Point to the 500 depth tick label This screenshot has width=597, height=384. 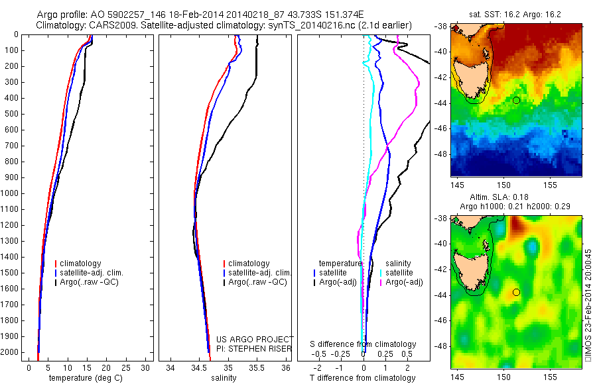(11, 114)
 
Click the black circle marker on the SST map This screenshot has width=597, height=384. (516, 100)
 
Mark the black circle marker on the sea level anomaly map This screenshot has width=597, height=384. (516, 292)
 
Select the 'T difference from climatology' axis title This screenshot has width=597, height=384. (363, 378)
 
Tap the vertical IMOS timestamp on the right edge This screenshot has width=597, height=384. (587, 305)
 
